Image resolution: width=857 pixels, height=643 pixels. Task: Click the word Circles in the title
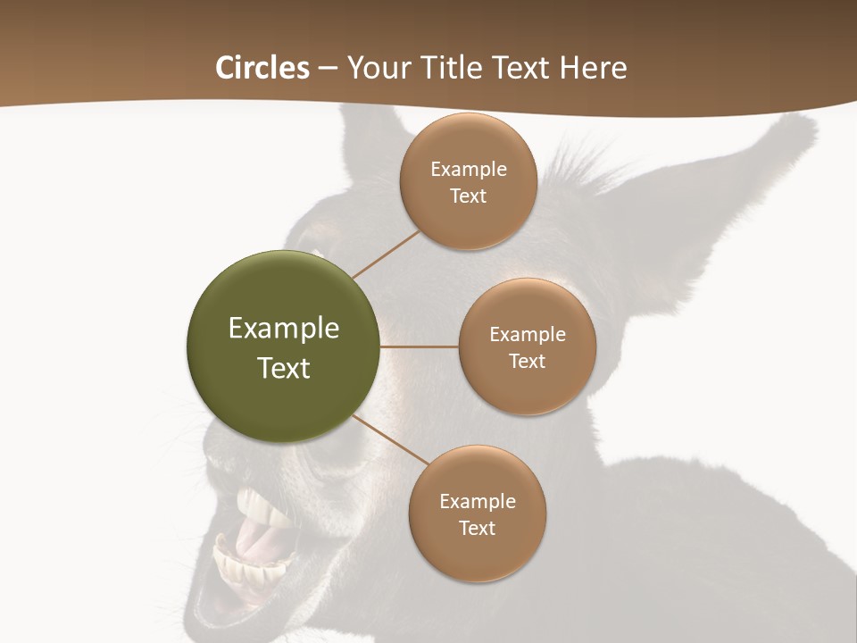262,68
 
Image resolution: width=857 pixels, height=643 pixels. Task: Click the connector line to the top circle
386,255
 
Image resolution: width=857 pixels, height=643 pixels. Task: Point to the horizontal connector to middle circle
420,347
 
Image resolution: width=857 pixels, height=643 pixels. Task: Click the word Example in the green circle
284,329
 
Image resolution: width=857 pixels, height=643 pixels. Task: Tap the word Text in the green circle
284,368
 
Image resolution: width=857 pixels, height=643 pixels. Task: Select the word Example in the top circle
468,170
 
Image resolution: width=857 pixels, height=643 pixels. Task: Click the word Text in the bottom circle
477,529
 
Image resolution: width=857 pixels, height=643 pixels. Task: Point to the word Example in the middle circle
527,335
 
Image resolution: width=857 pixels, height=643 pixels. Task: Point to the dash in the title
327,69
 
